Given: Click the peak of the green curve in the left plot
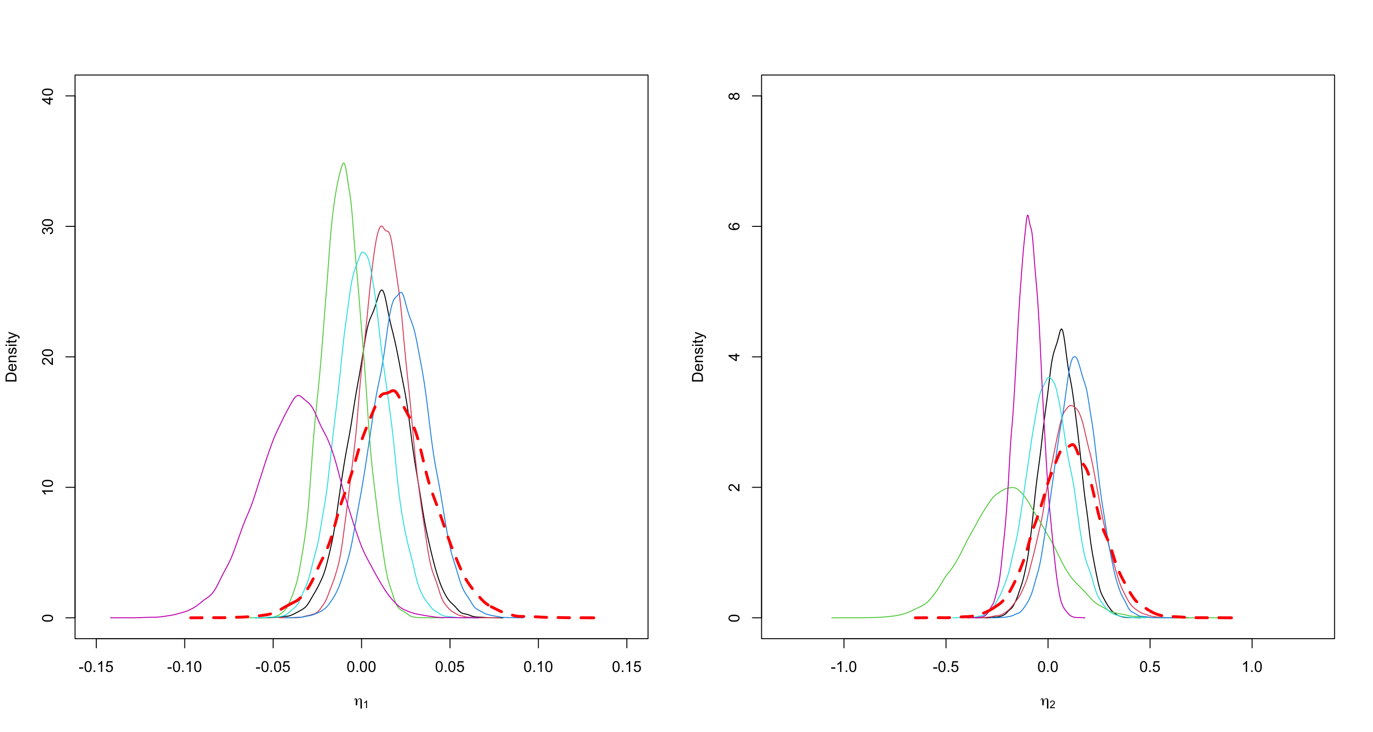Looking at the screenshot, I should pyautogui.click(x=344, y=163).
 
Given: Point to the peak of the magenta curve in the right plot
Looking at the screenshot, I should pyautogui.click(x=1028, y=215).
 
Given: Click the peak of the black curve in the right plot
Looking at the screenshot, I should pyautogui.click(x=1062, y=329).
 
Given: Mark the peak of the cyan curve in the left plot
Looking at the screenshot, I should pyautogui.click(x=363, y=252).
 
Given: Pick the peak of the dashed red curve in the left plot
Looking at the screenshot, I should pyautogui.click(x=393, y=391).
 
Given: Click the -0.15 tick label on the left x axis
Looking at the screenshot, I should pyautogui.click(x=96, y=667).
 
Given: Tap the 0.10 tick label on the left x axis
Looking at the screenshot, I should pyautogui.click(x=538, y=667).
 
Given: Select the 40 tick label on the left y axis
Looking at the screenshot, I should pyautogui.click(x=48, y=96).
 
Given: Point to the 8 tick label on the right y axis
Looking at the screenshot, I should pyautogui.click(x=735, y=96).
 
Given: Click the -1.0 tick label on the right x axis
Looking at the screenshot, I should pyautogui.click(x=844, y=667).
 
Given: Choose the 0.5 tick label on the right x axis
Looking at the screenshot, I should pyautogui.click(x=1150, y=667).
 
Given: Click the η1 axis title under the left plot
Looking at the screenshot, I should pyautogui.click(x=361, y=703).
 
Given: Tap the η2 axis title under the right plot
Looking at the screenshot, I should pyautogui.click(x=1048, y=703).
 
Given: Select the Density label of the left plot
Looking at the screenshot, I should pyautogui.click(x=12, y=357).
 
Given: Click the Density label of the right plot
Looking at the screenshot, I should pyautogui.click(x=698, y=357).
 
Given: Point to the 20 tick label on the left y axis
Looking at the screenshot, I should pyautogui.click(x=48, y=357).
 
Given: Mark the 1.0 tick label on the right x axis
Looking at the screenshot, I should pyautogui.click(x=1252, y=667).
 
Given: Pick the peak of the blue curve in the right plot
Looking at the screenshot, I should pyautogui.click(x=1075, y=356).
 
